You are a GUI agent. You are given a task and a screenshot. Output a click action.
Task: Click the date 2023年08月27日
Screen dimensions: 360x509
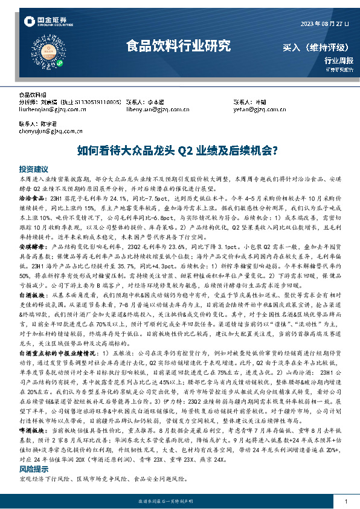pos(325,24)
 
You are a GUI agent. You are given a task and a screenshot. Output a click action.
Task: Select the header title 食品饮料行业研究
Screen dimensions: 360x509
pos(178,45)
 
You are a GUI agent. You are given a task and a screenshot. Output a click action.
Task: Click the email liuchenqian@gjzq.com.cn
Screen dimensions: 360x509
pos(44,109)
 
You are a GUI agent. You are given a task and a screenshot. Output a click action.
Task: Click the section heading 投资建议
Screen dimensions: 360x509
pos(33,170)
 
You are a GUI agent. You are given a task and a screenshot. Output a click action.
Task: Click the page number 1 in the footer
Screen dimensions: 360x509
pos(345,502)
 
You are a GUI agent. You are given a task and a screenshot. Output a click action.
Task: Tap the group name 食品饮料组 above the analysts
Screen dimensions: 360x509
pos(33,95)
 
